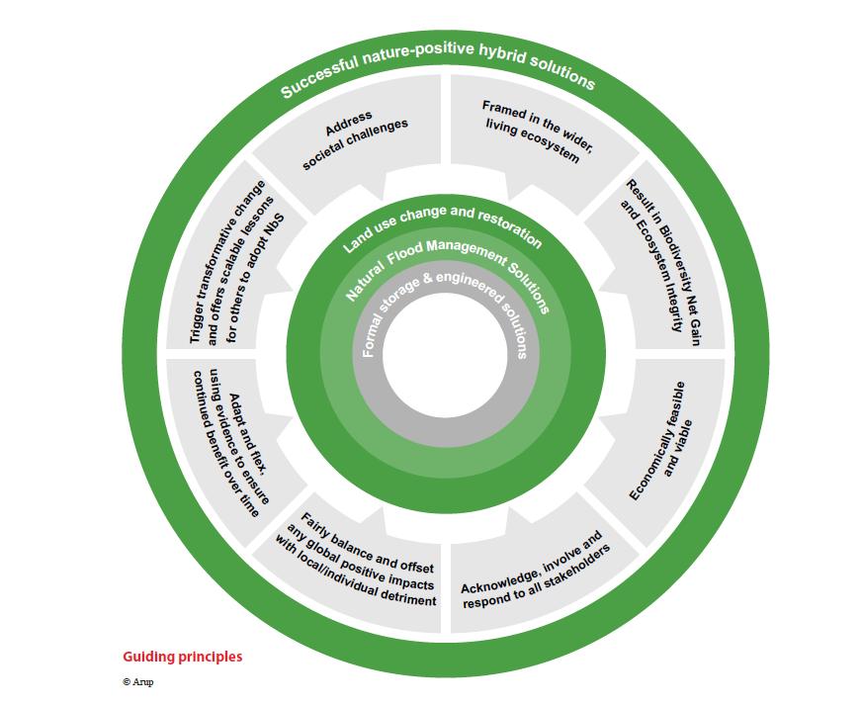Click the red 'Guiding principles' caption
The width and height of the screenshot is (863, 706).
182,657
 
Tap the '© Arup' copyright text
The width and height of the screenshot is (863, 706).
138,681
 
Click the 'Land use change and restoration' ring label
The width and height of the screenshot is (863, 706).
443,226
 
